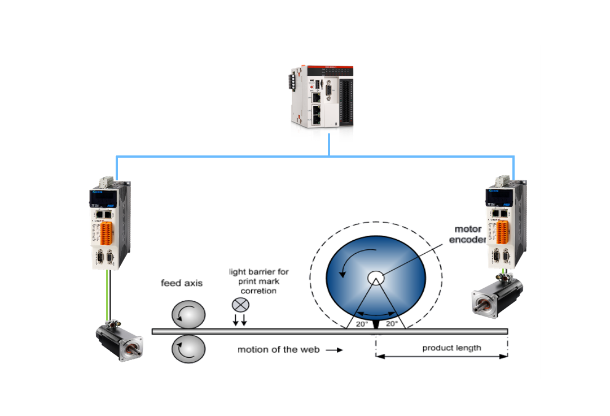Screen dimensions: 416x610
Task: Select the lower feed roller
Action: (x=188, y=350)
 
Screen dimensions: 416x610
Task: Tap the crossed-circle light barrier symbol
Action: (x=241, y=305)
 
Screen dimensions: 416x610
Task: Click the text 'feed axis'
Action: (x=182, y=283)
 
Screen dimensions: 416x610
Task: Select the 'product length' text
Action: (x=451, y=348)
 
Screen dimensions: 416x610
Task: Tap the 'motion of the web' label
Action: (x=278, y=349)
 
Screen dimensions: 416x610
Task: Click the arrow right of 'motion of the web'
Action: (x=335, y=350)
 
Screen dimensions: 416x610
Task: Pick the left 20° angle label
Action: (x=361, y=324)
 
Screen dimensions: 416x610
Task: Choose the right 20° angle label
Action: (x=392, y=324)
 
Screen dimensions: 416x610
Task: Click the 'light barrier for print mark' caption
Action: (x=258, y=281)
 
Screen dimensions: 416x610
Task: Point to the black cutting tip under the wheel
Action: (x=376, y=335)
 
